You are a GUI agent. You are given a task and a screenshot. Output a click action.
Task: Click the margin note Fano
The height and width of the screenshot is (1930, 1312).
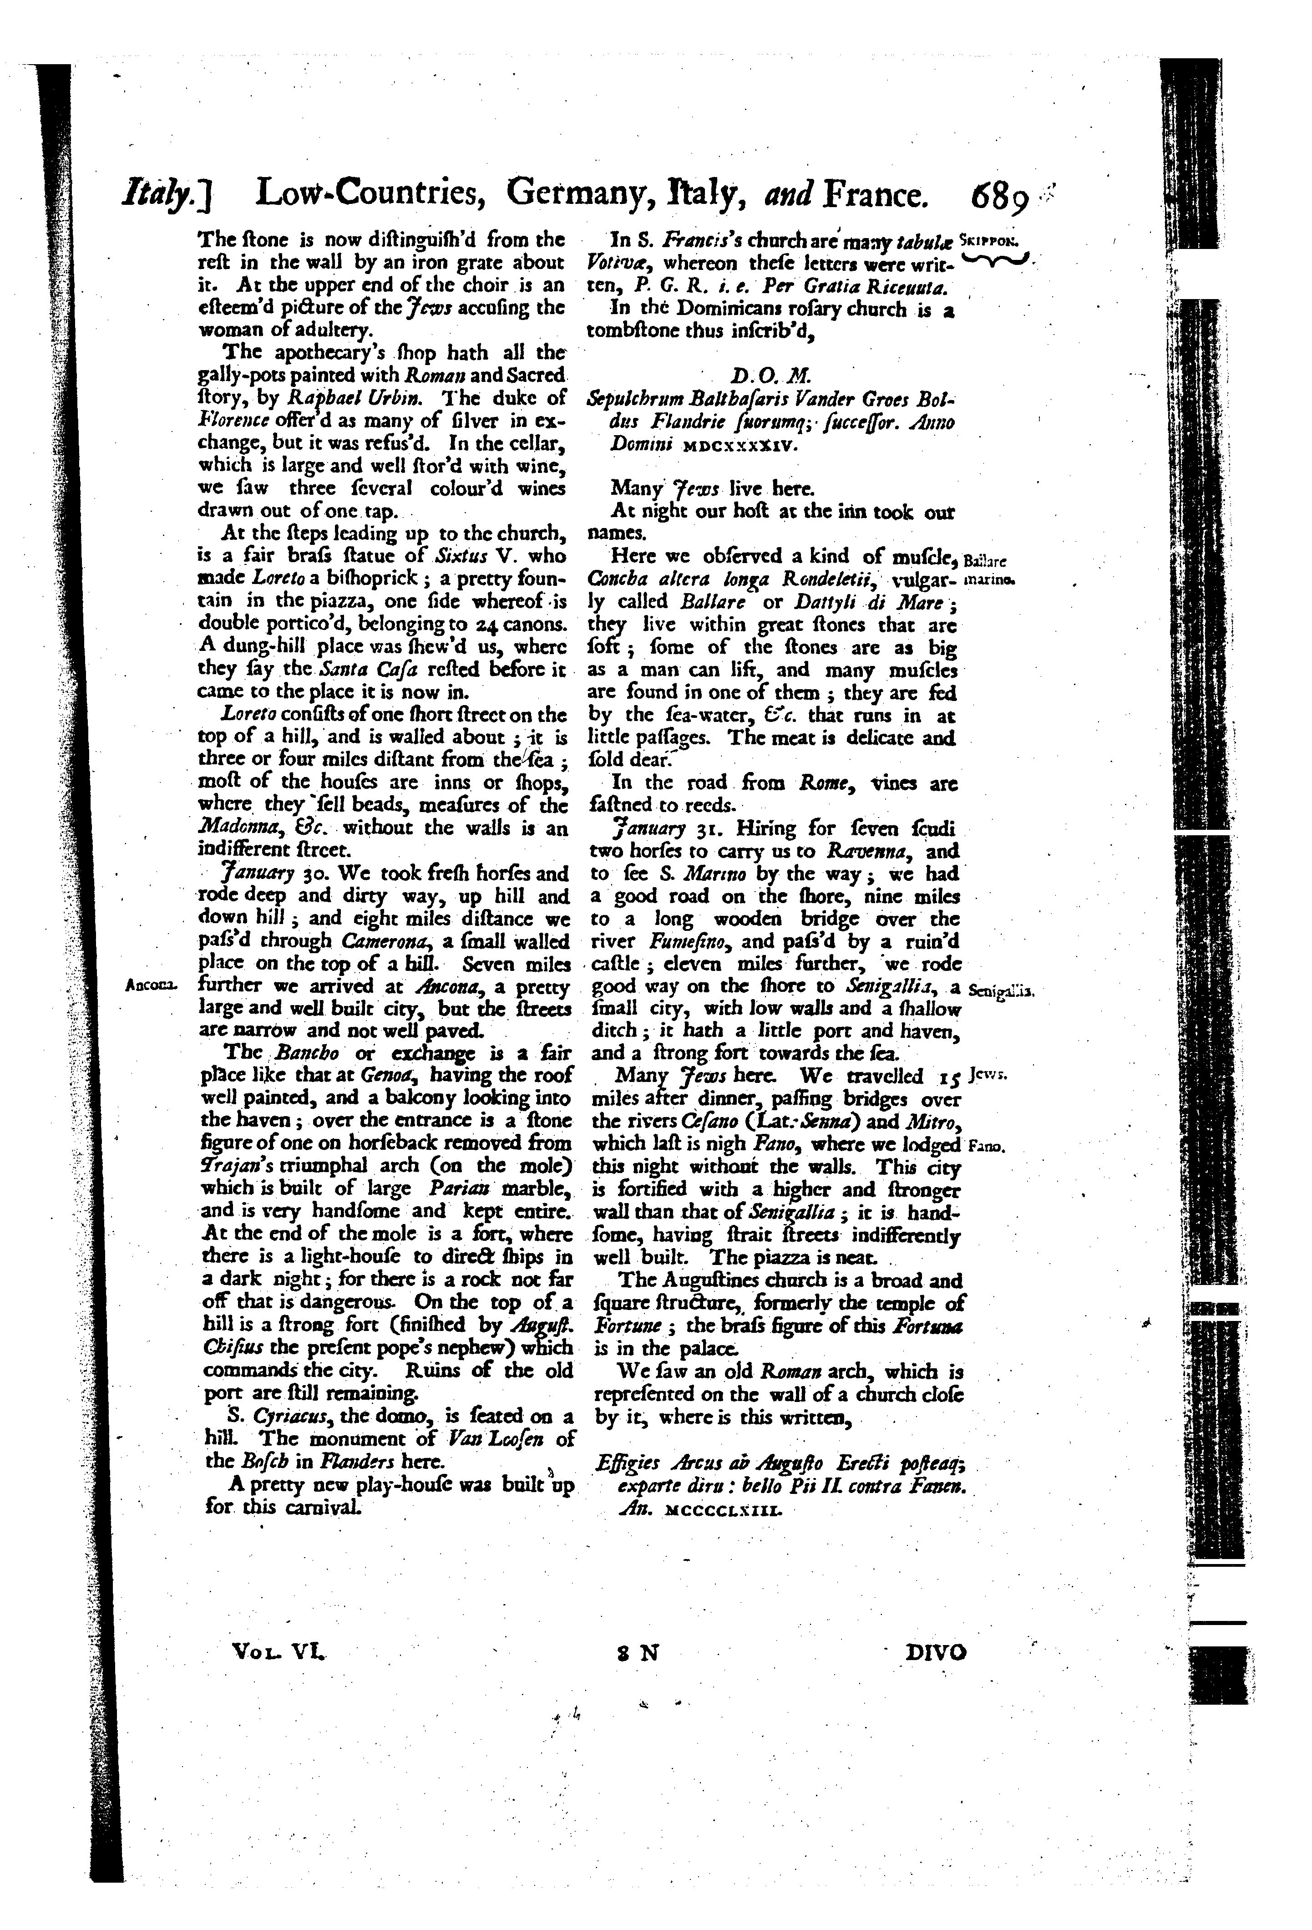click(x=987, y=1147)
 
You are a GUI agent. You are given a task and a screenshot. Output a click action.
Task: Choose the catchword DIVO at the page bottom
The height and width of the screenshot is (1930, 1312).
click(x=935, y=1653)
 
